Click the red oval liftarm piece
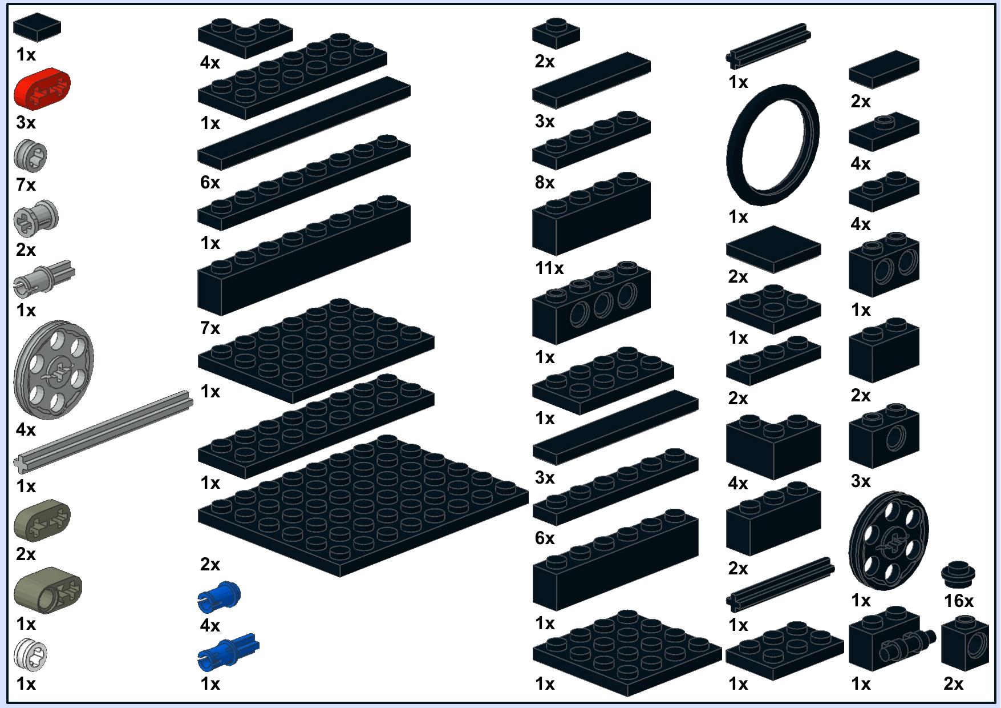[42, 88]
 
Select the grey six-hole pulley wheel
[54, 369]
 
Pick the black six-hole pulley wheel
[889, 541]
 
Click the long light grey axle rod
[103, 431]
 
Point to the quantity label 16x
[959, 601]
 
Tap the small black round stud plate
[958, 575]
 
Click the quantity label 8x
[545, 182]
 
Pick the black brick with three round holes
[591, 302]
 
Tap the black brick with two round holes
[884, 264]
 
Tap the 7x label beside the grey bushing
[26, 184]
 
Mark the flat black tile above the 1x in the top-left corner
[37, 27]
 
